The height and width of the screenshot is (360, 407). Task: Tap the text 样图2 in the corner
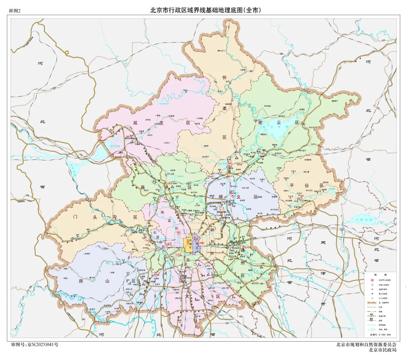[15, 11]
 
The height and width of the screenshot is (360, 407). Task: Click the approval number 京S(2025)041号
[35, 345]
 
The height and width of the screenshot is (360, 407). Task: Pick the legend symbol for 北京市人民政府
[372, 280]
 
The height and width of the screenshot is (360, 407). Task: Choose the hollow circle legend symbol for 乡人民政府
[372, 298]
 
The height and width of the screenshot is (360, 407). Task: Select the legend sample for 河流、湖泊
[372, 329]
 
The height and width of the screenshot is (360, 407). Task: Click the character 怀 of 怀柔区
[225, 78]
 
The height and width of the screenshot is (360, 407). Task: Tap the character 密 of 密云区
[260, 123]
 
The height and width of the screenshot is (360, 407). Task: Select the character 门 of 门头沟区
[75, 217]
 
